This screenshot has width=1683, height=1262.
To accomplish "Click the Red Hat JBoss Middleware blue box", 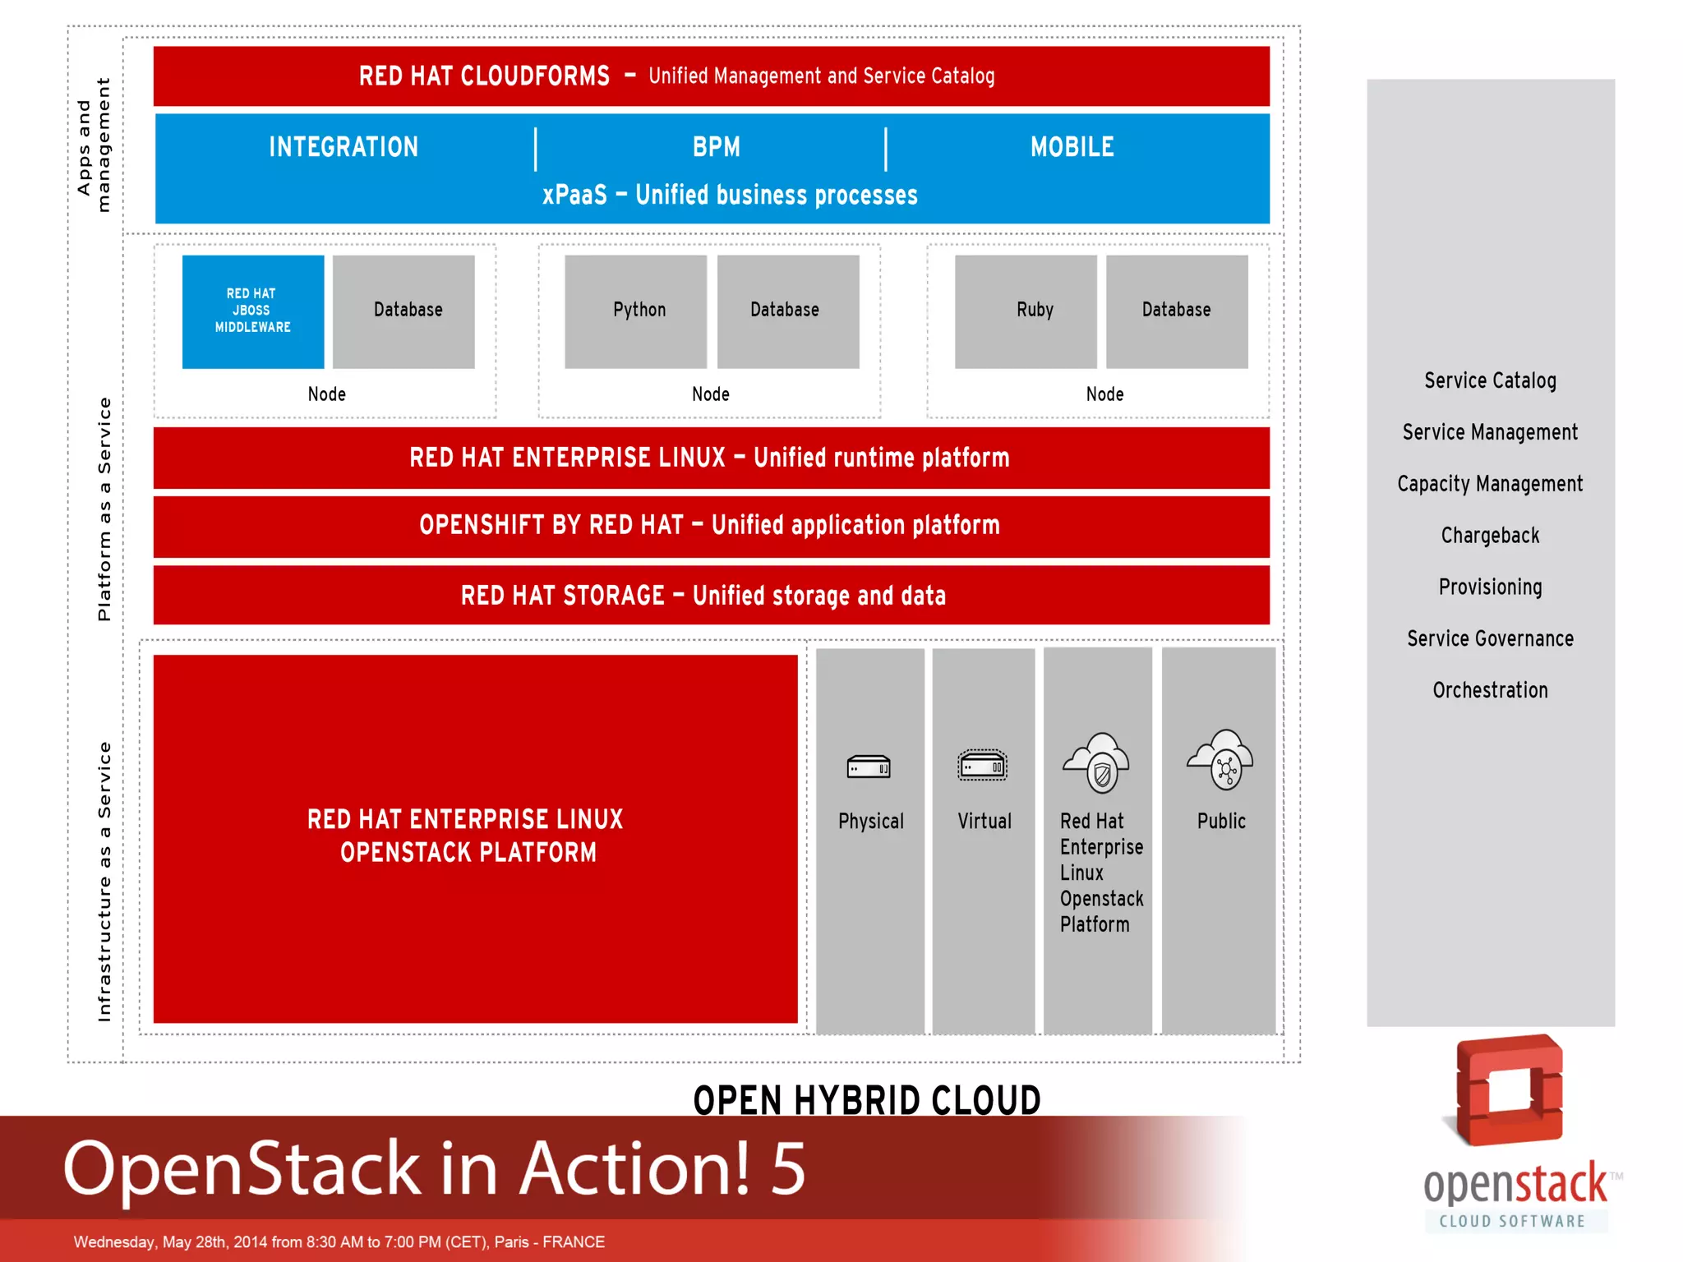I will [x=253, y=311].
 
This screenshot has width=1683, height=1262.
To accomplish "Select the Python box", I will [x=636, y=311].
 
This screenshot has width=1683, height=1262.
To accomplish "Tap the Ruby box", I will [x=1026, y=311].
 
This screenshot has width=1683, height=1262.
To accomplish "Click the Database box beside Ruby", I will [x=1177, y=311].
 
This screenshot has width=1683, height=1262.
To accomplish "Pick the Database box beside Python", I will [x=788, y=311].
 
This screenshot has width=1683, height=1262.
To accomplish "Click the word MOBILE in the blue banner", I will [x=1072, y=147].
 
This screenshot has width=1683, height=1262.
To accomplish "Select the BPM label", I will [x=717, y=147].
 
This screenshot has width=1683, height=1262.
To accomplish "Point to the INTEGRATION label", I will [x=344, y=147].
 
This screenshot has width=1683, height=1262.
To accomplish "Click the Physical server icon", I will [x=869, y=767].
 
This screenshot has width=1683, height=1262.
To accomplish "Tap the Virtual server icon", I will [x=983, y=767].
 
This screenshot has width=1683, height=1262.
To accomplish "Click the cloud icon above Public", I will [x=1221, y=760].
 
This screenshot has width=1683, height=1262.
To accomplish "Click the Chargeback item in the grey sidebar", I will [x=1490, y=536].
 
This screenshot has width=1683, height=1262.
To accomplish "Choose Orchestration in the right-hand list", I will [x=1490, y=690].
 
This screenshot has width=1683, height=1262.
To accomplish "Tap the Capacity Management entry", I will [x=1490, y=484].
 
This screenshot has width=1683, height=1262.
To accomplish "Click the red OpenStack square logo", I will [x=1510, y=1090].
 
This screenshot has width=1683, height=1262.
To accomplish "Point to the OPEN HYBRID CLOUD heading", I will [x=867, y=1100].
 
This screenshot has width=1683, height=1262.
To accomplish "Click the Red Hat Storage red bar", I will [x=711, y=595].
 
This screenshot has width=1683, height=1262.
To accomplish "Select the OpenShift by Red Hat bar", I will [x=711, y=526].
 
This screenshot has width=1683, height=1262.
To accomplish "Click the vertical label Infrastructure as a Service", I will [x=104, y=882].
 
